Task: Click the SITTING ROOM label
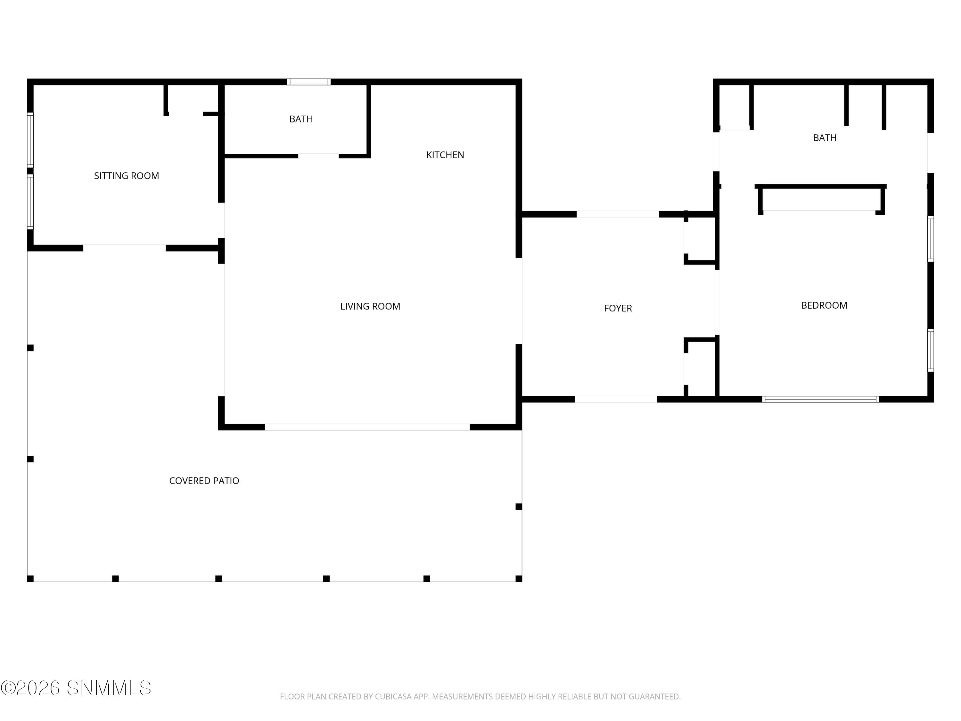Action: pyautogui.click(x=127, y=176)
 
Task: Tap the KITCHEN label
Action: pyautogui.click(x=445, y=155)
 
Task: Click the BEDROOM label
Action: pyautogui.click(x=824, y=305)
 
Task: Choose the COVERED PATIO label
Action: pyautogui.click(x=204, y=481)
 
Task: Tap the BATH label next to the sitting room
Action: pyautogui.click(x=301, y=119)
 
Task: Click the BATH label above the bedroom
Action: pyautogui.click(x=824, y=138)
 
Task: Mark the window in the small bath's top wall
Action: pyautogui.click(x=309, y=82)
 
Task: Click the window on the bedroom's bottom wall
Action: pyautogui.click(x=820, y=399)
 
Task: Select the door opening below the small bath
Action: pyautogui.click(x=318, y=156)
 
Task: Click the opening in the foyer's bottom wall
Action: pyautogui.click(x=616, y=399)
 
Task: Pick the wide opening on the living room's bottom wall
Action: pyautogui.click(x=367, y=427)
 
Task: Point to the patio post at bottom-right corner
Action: pyautogui.click(x=518, y=578)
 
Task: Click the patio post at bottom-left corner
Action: pyautogui.click(x=30, y=578)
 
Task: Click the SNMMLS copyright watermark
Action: pyautogui.click(x=76, y=688)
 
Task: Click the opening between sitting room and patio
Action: pyautogui.click(x=124, y=248)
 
